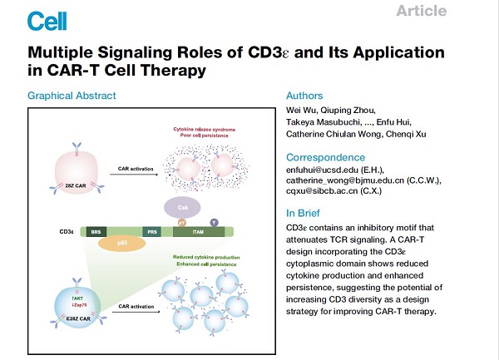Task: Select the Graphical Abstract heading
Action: (72, 96)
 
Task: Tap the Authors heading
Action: (304, 96)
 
